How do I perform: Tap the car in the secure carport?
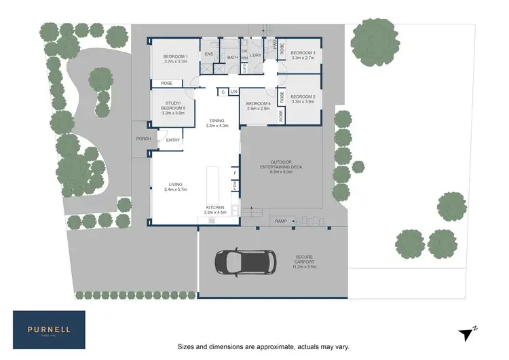[245, 262]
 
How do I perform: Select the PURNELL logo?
[49, 329]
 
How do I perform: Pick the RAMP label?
[280, 221]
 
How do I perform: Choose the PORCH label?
[143, 139]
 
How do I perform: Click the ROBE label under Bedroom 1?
[166, 84]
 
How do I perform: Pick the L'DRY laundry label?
[256, 55]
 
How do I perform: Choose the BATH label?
[232, 57]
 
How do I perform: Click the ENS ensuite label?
[209, 54]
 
